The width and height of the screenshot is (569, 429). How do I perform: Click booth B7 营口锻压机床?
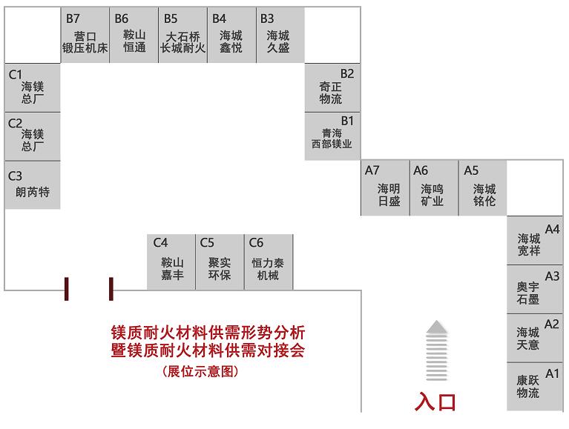(x=85, y=36)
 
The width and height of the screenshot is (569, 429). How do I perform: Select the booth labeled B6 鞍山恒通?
(x=134, y=36)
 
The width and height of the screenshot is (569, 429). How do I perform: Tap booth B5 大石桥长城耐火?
(x=182, y=36)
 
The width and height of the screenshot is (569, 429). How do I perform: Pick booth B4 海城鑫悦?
(x=231, y=36)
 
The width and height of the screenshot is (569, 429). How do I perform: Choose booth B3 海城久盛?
(x=280, y=36)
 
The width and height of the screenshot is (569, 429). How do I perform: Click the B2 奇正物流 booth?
(x=332, y=87)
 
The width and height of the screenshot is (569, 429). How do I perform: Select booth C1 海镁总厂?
(x=32, y=87)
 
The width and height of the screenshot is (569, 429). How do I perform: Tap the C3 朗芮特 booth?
(x=32, y=186)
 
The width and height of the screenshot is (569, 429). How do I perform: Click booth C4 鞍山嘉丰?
(x=171, y=262)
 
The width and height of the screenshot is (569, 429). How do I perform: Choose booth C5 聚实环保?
(x=220, y=262)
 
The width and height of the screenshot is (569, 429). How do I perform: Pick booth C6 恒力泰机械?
(x=268, y=262)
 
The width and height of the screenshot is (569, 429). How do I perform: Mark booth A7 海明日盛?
(x=385, y=188)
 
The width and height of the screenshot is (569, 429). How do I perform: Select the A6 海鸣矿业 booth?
(x=433, y=188)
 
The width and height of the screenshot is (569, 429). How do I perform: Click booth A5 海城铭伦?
(x=482, y=188)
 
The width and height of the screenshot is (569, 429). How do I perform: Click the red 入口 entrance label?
(x=436, y=402)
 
